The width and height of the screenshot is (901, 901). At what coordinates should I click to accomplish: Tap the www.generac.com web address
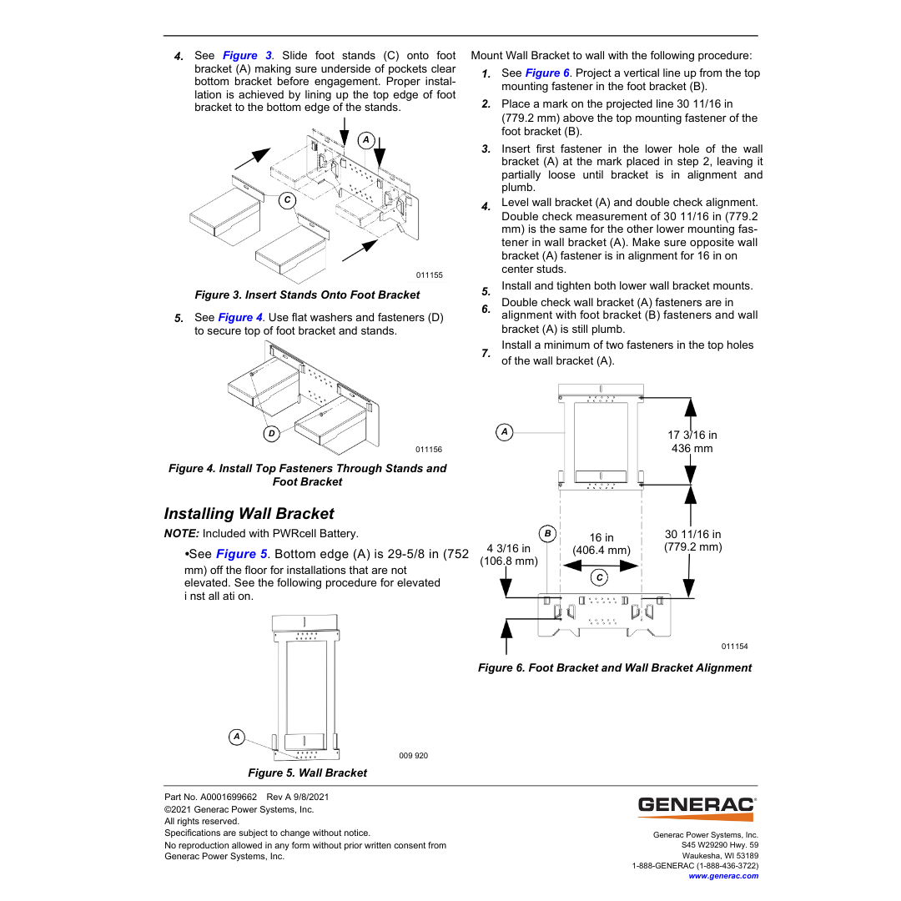point(723,876)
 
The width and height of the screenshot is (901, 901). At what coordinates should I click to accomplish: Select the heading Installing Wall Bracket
point(249,514)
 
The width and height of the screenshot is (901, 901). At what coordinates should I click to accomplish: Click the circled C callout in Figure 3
point(287,200)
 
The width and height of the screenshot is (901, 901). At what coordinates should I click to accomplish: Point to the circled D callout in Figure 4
point(271,433)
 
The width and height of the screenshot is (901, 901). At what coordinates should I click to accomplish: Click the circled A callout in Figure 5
point(237,736)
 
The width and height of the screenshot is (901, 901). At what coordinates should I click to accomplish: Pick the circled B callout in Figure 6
point(547,533)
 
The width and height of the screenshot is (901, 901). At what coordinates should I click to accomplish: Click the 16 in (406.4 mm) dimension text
point(602,544)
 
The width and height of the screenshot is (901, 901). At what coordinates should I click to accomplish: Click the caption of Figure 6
point(615,667)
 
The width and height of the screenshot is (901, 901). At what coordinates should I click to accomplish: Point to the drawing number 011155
point(429,275)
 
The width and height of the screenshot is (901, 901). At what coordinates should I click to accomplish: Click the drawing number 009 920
point(413,756)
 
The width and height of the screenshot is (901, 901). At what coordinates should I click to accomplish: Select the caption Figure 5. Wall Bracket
point(307,773)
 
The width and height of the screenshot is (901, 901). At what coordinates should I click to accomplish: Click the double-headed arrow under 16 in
point(601,565)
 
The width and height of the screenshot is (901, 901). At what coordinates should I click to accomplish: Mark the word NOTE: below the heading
point(182,534)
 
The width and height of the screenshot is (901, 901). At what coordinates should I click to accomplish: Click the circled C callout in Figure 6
point(599,577)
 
